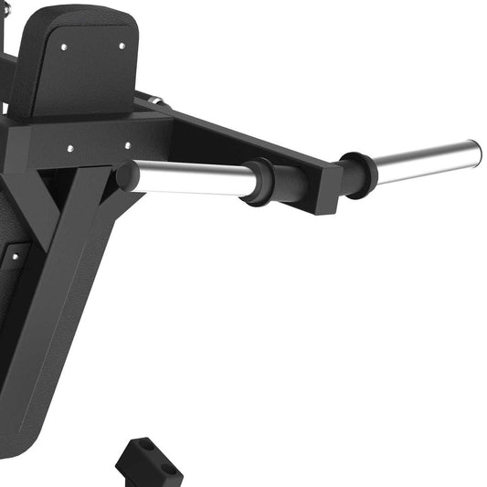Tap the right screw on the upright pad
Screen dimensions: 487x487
click(121, 44)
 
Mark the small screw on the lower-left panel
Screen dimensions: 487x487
click(15, 257)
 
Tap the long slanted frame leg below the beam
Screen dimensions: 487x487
click(64, 302)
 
